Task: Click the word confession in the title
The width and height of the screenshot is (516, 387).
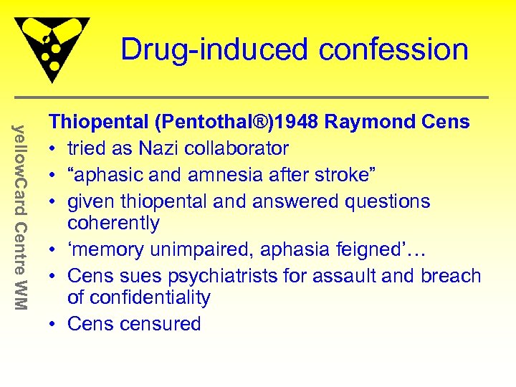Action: pyautogui.click(x=393, y=50)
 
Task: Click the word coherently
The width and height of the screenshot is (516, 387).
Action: pyautogui.click(x=113, y=224)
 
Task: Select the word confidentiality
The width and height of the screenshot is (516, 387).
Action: pyautogui.click(x=139, y=298)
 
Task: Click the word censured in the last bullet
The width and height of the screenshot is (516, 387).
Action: pyautogui.click(x=160, y=324)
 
